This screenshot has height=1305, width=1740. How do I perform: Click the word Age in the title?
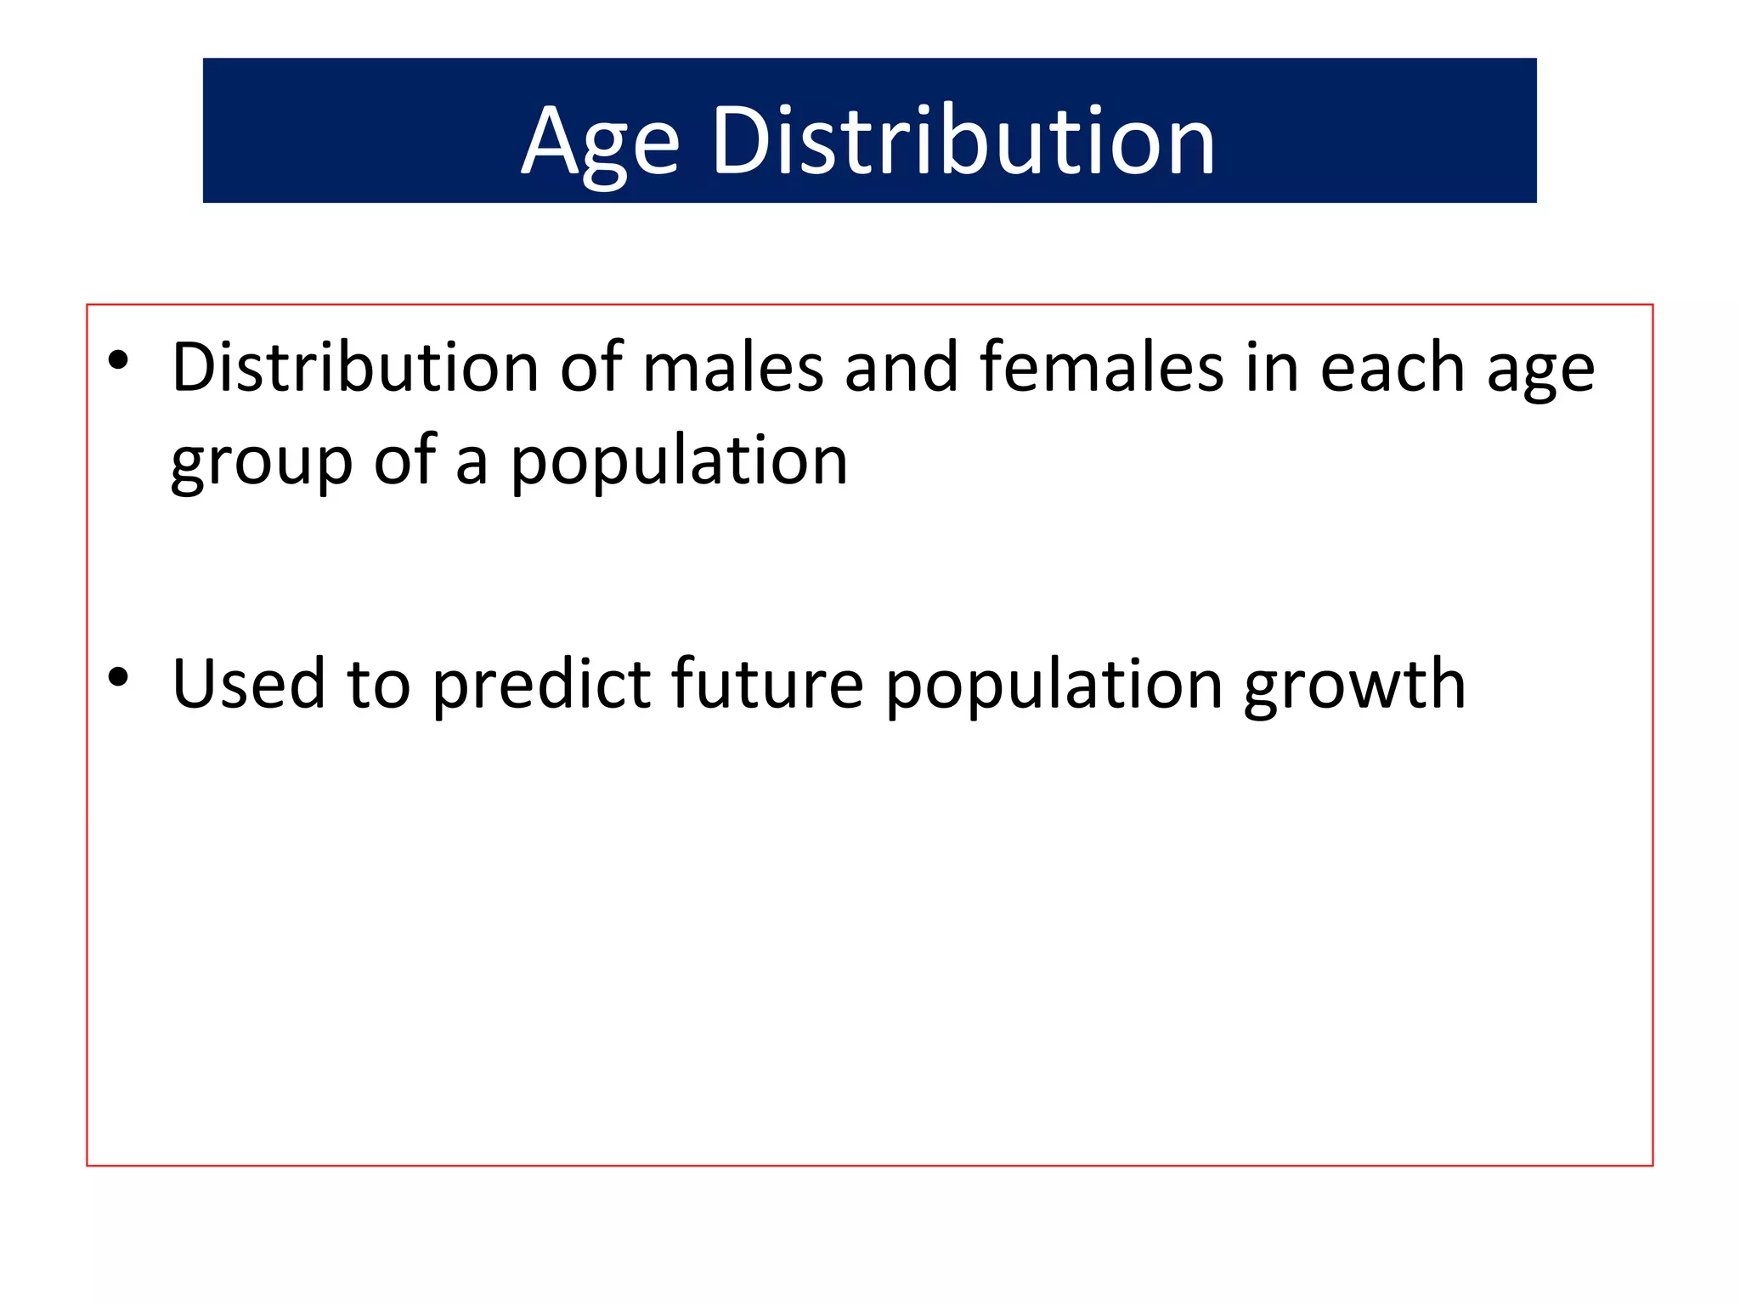pyautogui.click(x=600, y=143)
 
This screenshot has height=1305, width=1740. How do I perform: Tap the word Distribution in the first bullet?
pyautogui.click(x=355, y=367)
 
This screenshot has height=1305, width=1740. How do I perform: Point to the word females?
pyautogui.click(x=1101, y=367)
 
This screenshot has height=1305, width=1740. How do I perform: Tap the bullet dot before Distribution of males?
pyautogui.click(x=118, y=360)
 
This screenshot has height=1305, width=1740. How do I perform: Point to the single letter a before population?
pyautogui.click(x=472, y=466)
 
